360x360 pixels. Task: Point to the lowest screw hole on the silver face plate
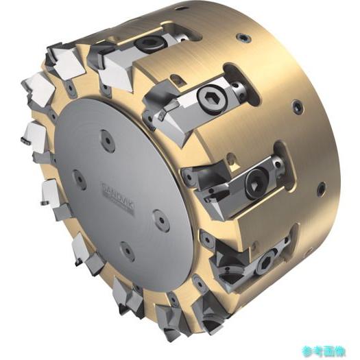click(128, 251)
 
